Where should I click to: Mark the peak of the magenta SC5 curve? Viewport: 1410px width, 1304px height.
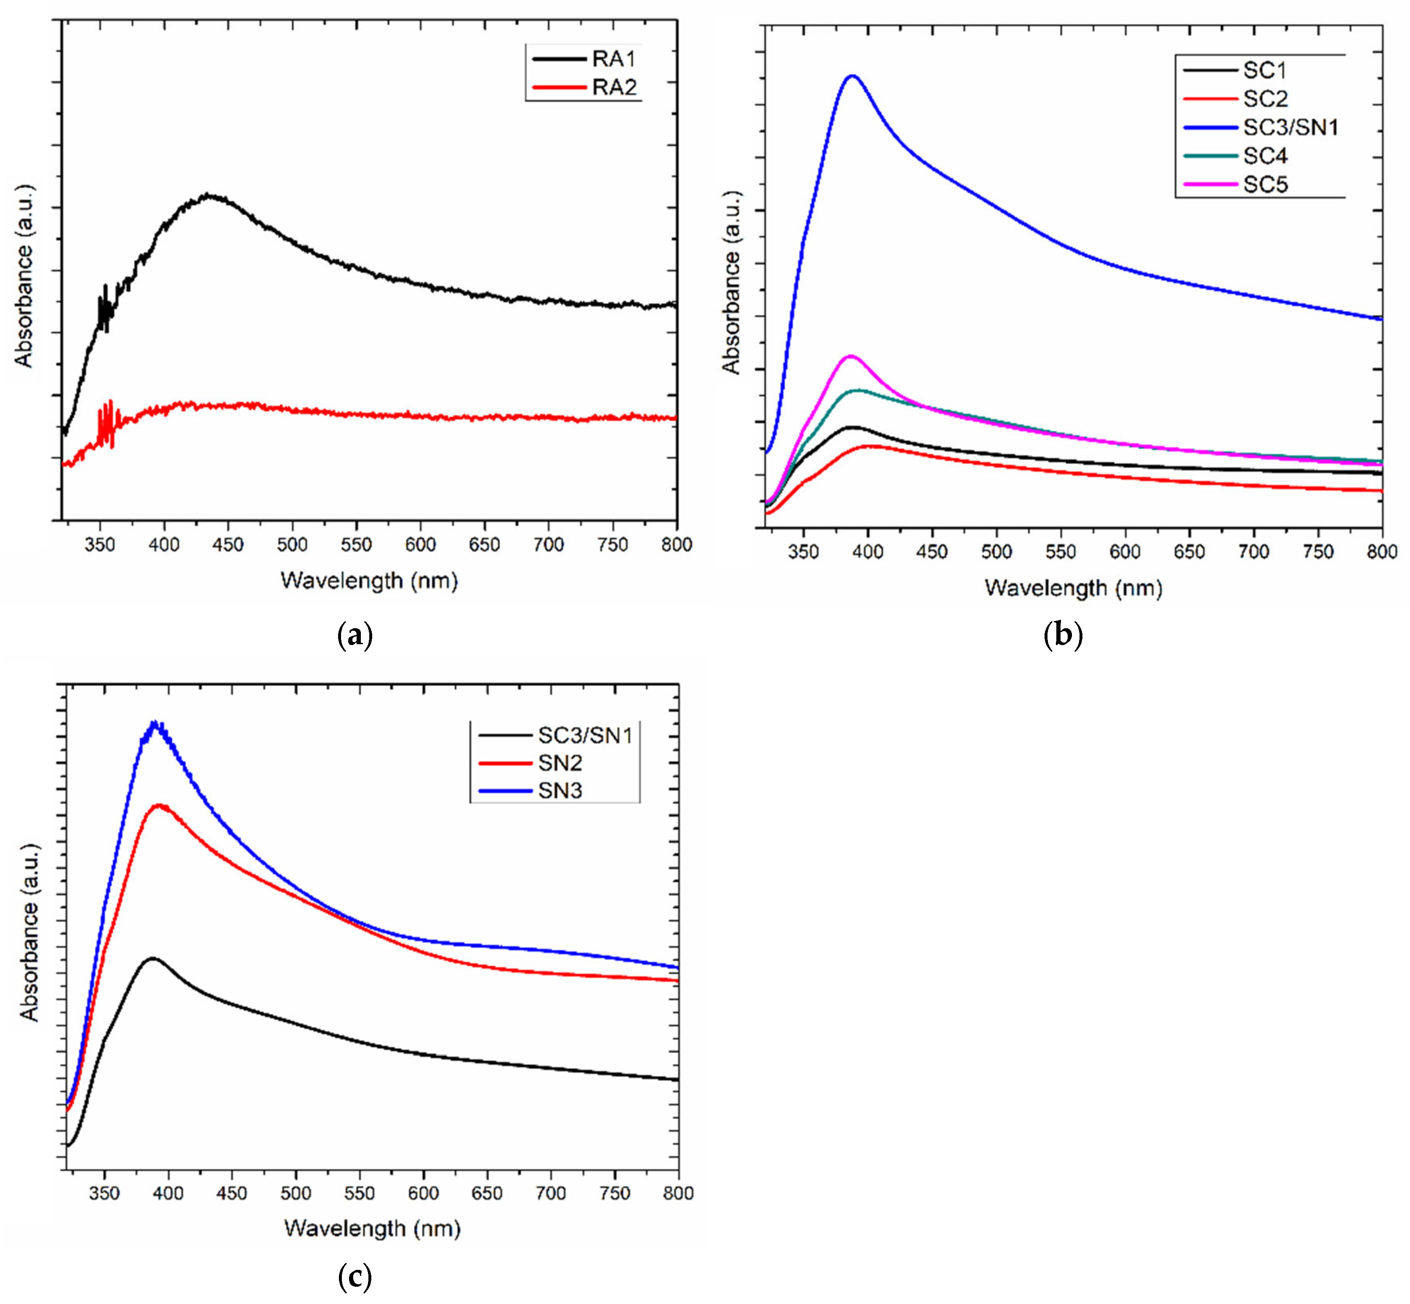coord(850,356)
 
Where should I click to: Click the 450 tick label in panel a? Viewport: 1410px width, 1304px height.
coord(228,545)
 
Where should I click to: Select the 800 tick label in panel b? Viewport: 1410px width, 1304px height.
coord(1381,552)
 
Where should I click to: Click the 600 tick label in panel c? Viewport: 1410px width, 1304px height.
coord(424,1193)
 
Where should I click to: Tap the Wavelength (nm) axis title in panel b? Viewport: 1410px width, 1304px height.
coord(1073,588)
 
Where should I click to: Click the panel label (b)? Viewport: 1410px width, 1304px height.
coord(1062,635)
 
